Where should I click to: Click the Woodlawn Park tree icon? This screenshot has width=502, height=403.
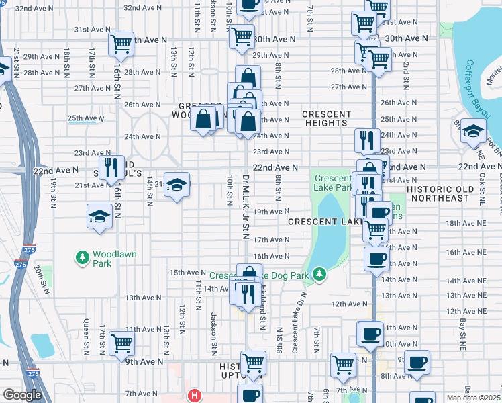[x=83, y=257]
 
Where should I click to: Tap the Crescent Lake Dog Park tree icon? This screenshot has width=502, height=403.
[x=321, y=273]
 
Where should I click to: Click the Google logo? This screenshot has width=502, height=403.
[x=22, y=395]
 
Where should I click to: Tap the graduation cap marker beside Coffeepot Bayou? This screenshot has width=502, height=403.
[x=473, y=131]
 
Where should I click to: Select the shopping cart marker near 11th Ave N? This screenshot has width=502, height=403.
[x=121, y=343]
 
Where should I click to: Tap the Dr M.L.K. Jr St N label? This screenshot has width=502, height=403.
[x=246, y=210]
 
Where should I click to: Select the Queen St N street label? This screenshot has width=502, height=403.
[x=87, y=336]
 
